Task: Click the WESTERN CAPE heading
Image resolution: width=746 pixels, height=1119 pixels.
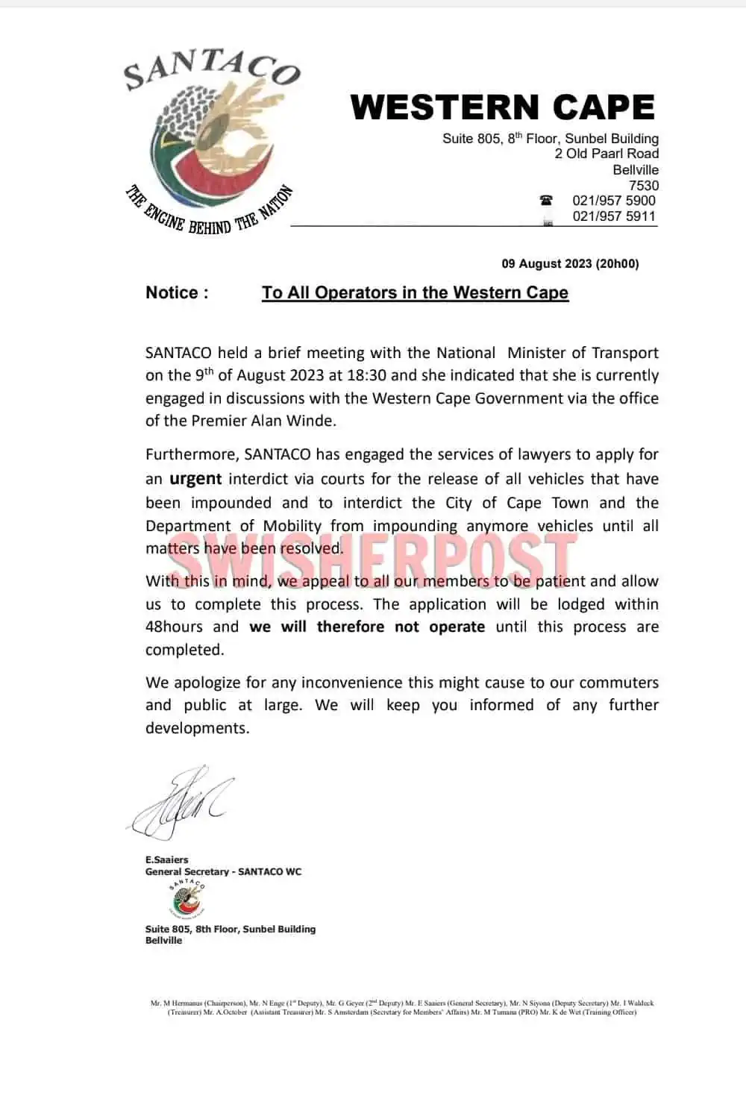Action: click(x=502, y=107)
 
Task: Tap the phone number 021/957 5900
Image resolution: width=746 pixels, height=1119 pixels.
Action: click(x=613, y=201)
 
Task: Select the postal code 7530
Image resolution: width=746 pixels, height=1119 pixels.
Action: click(x=643, y=185)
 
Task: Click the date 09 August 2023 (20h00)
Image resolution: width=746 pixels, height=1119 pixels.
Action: click(x=570, y=263)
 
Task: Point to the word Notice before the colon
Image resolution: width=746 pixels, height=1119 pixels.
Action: click(x=172, y=292)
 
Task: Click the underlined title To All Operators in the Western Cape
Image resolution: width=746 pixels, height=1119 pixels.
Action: click(x=415, y=292)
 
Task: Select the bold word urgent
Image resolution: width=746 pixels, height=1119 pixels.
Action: click(x=195, y=479)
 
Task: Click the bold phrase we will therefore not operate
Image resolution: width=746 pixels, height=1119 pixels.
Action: click(x=367, y=627)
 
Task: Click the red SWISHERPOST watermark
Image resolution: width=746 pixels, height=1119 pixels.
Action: click(x=373, y=554)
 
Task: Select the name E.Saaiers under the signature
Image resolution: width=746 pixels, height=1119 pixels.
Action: click(x=166, y=859)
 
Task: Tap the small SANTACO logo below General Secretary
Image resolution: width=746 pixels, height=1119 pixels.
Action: click(x=186, y=897)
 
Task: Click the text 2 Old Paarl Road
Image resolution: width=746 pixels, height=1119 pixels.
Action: click(x=606, y=154)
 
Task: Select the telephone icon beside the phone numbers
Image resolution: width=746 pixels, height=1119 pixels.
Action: click(x=547, y=200)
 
